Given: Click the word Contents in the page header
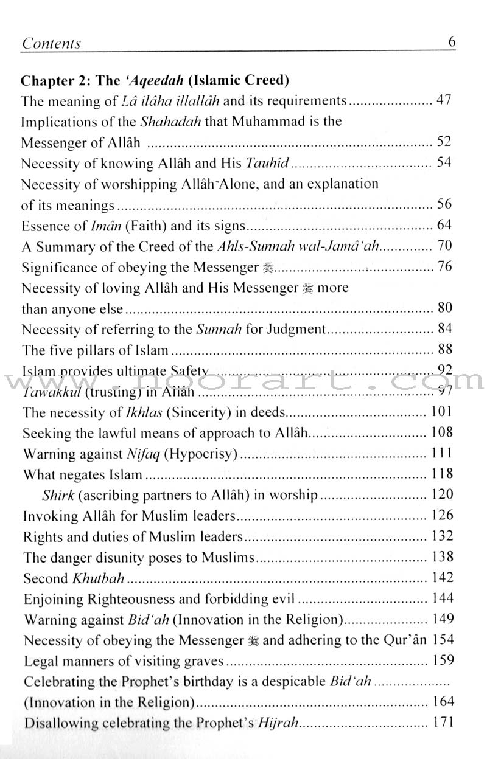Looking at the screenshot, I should tap(51, 43).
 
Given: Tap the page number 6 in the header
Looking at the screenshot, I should tap(452, 42).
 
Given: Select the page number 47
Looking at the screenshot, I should tap(444, 100).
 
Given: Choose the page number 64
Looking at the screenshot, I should tap(444, 226).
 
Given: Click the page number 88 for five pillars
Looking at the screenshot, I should tap(444, 350).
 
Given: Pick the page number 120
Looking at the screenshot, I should tap(441, 494).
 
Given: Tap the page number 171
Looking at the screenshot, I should tap(441, 723).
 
